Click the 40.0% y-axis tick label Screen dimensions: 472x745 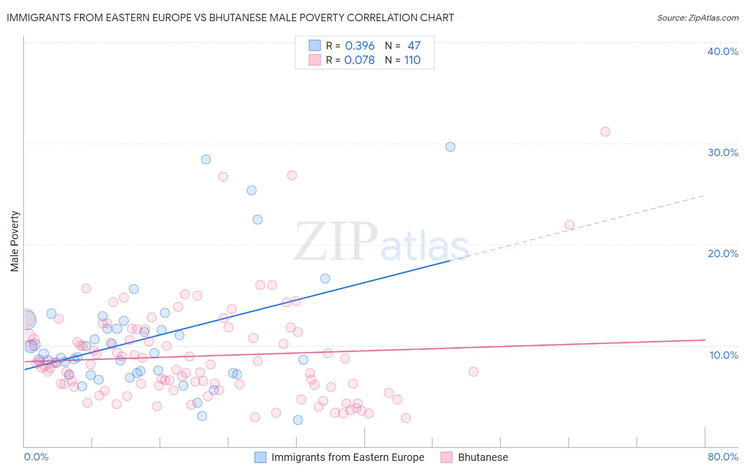722,51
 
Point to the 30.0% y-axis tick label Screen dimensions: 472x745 722,152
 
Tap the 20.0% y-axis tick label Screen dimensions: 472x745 722,253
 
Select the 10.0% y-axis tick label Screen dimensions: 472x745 723,355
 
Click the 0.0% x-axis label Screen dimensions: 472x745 36,457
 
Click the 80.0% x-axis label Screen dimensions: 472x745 722,457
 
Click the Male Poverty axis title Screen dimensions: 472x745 15,241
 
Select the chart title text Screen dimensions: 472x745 230,17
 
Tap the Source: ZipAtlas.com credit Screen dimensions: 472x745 697,17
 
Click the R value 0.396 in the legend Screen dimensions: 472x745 359,46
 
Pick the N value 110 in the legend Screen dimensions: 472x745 412,60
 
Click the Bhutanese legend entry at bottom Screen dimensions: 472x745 482,457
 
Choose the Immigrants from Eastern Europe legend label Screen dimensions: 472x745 348,457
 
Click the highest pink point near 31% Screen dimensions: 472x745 605,131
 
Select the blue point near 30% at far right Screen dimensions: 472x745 450,147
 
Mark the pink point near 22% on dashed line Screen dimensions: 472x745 570,225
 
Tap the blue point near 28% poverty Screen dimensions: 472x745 206,159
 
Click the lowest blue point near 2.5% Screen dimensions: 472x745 298,420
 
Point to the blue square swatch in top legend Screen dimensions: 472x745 315,46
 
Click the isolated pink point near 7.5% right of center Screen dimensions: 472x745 474,371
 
